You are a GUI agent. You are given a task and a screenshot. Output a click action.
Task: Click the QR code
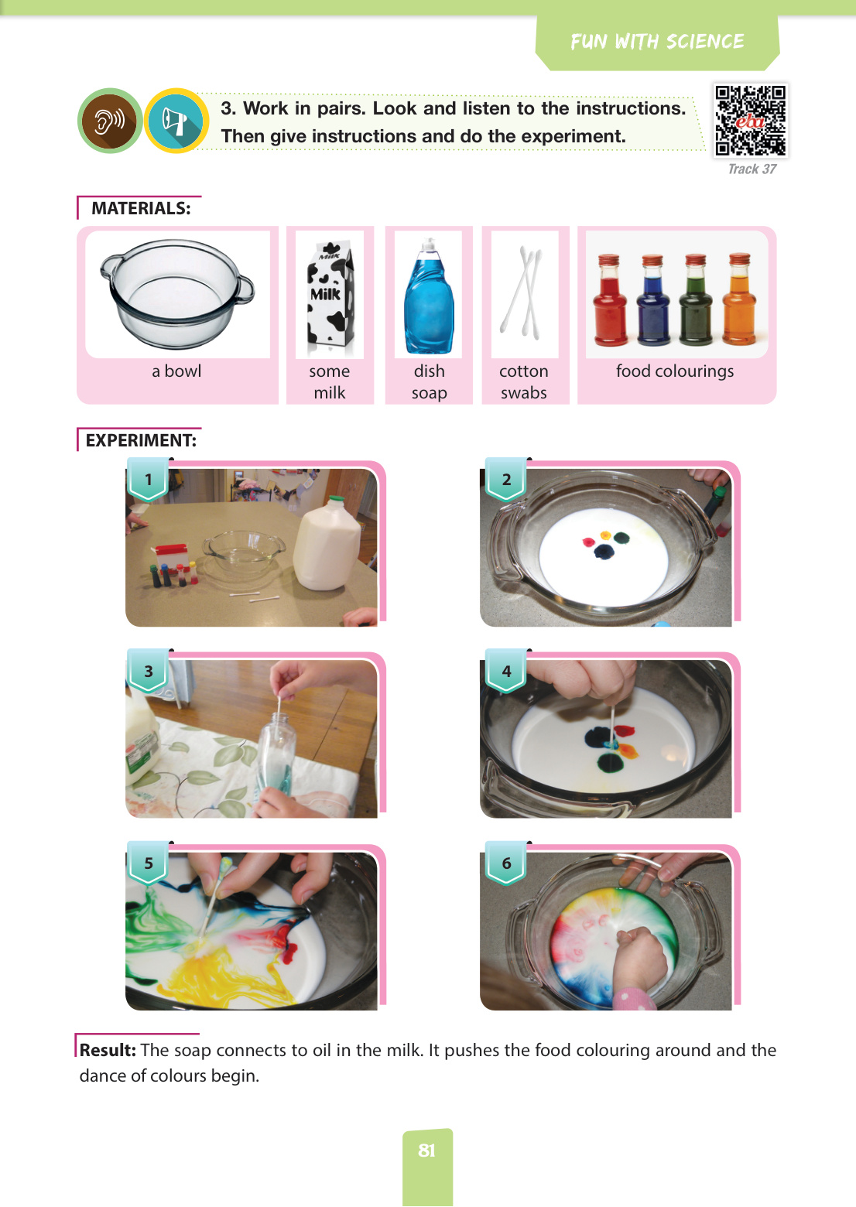click(750, 120)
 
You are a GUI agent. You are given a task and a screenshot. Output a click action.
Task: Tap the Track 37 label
click(752, 169)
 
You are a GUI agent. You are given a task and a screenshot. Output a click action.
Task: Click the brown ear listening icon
click(110, 121)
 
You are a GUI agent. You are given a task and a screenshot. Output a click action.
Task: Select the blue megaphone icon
click(176, 121)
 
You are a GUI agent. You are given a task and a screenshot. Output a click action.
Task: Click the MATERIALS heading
click(141, 208)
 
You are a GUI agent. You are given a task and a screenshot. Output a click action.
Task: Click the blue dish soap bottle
click(429, 296)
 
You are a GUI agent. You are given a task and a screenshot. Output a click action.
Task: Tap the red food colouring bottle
click(610, 300)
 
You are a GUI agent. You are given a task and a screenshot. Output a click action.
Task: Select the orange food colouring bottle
click(740, 299)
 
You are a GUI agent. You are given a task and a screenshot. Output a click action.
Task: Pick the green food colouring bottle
click(696, 300)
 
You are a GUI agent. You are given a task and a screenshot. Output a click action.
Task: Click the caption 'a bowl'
click(176, 371)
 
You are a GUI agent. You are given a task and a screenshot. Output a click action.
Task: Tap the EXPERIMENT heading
click(141, 440)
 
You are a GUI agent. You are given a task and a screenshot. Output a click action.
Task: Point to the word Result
click(108, 1050)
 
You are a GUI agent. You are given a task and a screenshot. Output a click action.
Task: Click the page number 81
click(427, 1151)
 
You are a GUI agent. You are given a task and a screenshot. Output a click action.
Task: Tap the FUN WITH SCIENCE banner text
click(657, 42)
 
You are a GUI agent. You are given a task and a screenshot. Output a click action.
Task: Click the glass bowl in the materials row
click(176, 294)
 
